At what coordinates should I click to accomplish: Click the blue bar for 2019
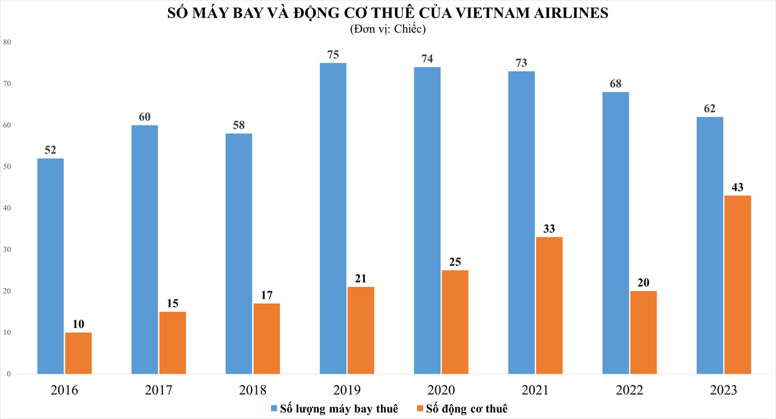click(x=333, y=218)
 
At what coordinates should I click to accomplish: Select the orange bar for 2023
click(x=738, y=285)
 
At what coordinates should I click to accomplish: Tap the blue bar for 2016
click(x=50, y=266)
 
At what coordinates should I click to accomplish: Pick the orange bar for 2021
click(x=549, y=305)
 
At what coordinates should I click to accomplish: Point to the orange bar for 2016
click(x=78, y=353)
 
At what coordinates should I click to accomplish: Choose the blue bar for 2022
click(x=616, y=233)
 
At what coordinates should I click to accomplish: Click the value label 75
click(x=333, y=55)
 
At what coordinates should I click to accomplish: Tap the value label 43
click(x=738, y=188)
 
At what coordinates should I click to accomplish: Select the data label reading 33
click(x=549, y=229)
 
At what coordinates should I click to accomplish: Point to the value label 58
click(x=239, y=125)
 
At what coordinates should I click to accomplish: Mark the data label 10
click(x=78, y=324)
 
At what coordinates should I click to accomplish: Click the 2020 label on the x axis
click(x=441, y=391)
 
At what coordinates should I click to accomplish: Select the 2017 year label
click(x=158, y=391)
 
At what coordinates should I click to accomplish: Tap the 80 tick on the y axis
click(x=7, y=42)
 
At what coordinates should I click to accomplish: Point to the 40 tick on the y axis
click(x=7, y=208)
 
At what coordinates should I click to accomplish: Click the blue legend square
click(x=274, y=409)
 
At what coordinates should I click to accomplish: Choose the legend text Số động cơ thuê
click(x=467, y=409)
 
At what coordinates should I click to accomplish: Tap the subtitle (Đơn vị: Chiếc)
click(x=387, y=29)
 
